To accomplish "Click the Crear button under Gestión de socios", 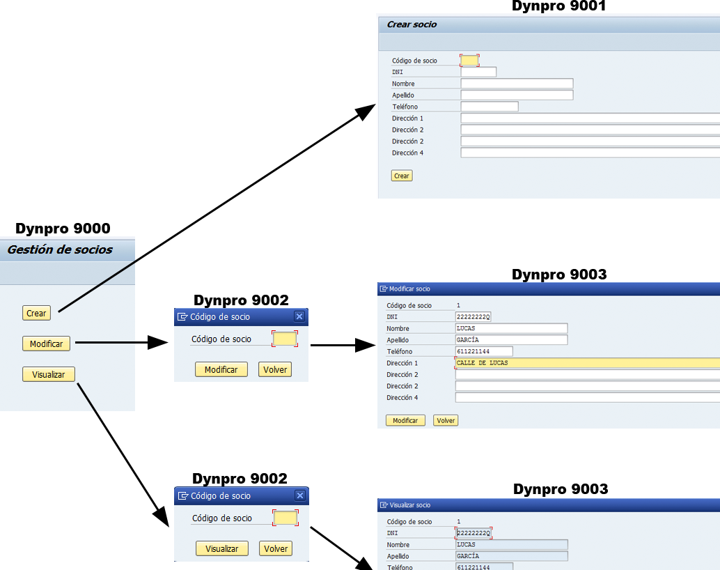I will tap(36, 314).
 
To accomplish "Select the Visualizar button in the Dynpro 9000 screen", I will tap(48, 374).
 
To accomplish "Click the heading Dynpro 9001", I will tap(558, 6).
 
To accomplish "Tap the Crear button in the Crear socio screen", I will tap(402, 176).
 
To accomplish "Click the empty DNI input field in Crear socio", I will tap(478, 72).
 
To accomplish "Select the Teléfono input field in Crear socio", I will tap(490, 107).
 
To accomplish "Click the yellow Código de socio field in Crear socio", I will tap(470, 61).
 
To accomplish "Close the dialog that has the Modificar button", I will tap(299, 316).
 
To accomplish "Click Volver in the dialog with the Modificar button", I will tap(275, 369).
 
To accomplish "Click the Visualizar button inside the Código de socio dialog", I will tap(222, 548).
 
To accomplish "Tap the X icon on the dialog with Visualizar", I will tap(300, 495).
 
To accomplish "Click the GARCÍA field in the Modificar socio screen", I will tap(511, 340).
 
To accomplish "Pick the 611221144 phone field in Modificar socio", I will tap(484, 351).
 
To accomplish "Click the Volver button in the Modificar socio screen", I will tap(446, 420).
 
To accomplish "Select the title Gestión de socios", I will tap(60, 249).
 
